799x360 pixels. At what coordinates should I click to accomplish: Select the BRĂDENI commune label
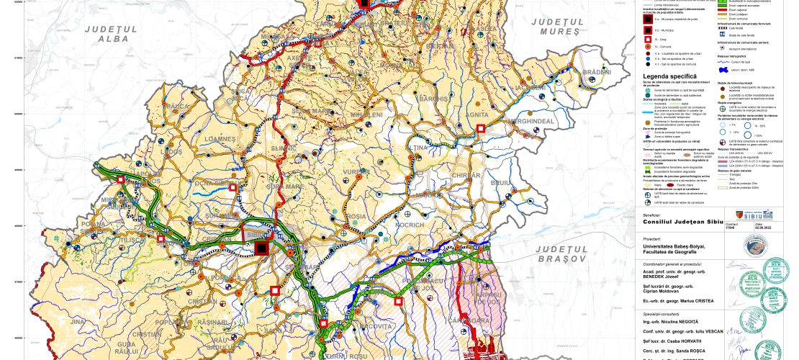click(x=597, y=72)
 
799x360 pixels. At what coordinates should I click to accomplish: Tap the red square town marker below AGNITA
click(x=480, y=128)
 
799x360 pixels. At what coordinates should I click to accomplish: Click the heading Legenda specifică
click(x=669, y=76)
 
